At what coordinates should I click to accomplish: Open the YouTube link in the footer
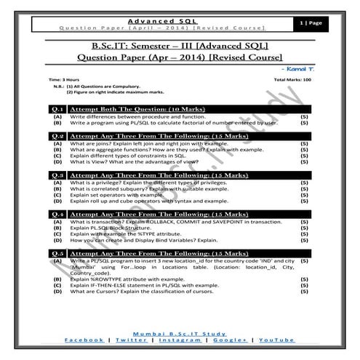click(x=276, y=340)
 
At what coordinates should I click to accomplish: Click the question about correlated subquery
click(x=157, y=189)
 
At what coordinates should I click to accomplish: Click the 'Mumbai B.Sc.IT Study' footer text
click(x=180, y=330)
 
